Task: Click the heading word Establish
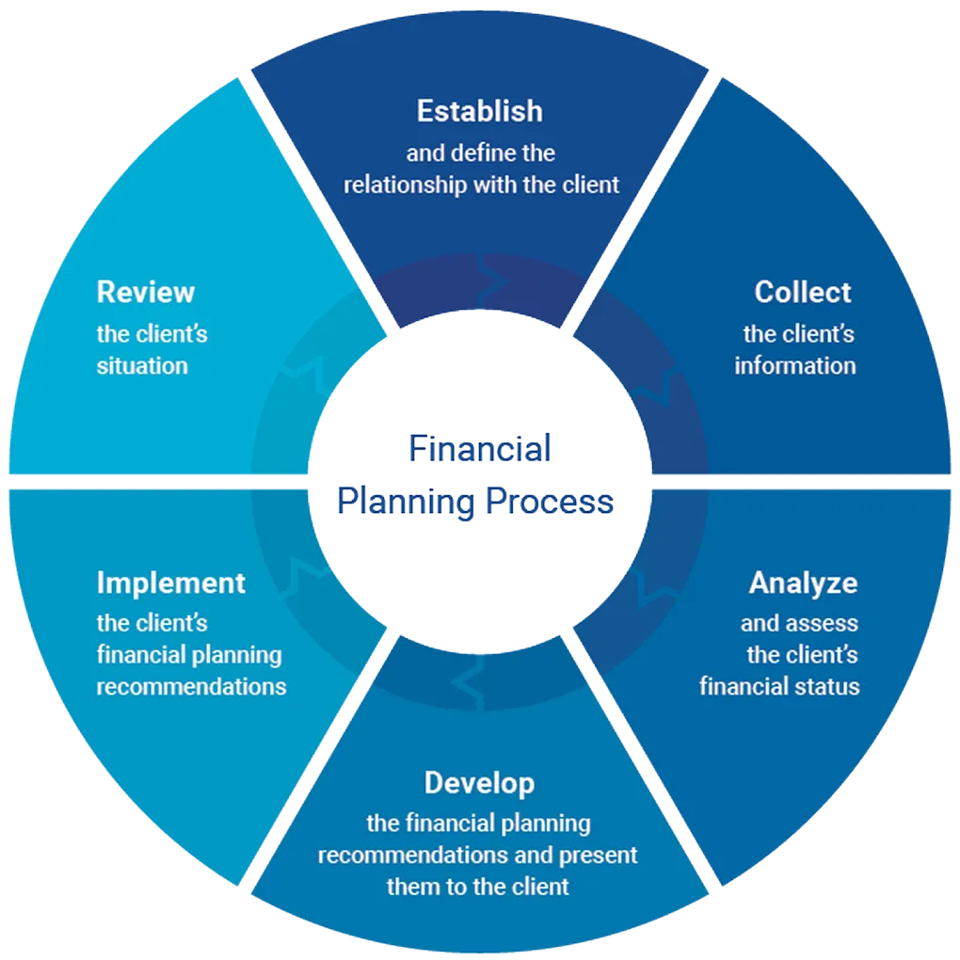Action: pos(479,111)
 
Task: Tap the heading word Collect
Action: pos(802,292)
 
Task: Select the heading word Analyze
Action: pos(803,584)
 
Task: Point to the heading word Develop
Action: pos(479,783)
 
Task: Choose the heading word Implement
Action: pos(170,584)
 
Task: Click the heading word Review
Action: pos(145,292)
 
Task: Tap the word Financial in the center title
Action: pos(479,449)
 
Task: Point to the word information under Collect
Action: pos(795,365)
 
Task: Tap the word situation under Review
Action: pos(142,365)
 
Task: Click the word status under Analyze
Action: pos(828,686)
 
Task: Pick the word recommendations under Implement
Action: pos(191,686)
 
